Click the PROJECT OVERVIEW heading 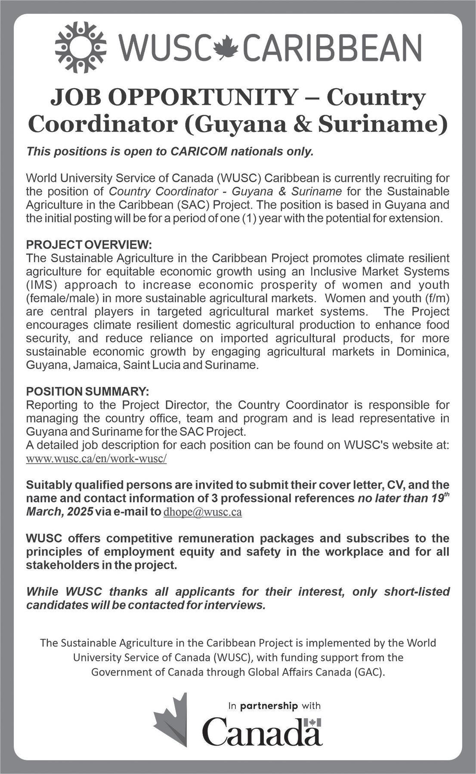pos(89,245)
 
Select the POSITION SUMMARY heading pos(87,391)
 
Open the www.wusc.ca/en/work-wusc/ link pos(96,459)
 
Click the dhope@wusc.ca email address pos(203,513)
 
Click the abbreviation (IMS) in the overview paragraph pos(41,285)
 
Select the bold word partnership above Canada pos(275,706)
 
